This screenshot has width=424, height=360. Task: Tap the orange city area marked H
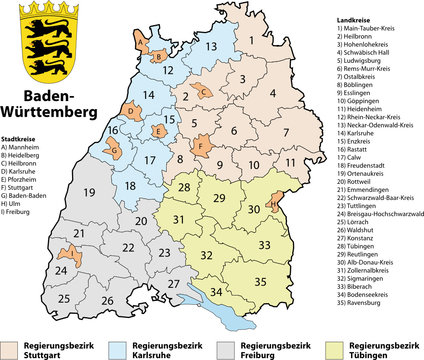coord(276,205)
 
